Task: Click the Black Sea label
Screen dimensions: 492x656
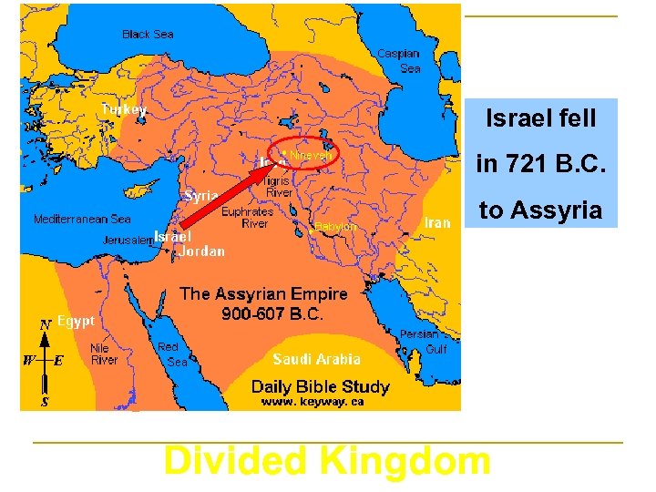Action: point(148,35)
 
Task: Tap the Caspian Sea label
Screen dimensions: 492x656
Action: point(398,61)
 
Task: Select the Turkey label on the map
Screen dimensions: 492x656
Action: point(123,109)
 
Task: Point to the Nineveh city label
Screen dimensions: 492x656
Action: point(311,156)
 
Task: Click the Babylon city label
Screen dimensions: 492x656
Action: point(335,226)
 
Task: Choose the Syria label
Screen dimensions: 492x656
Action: point(201,196)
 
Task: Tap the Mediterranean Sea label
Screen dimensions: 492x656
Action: point(82,220)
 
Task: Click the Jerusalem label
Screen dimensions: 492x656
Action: point(127,239)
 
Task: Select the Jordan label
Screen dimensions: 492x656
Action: point(202,251)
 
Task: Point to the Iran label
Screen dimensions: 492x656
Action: point(437,222)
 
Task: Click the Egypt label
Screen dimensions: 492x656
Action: point(76,321)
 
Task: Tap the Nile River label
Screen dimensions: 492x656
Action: point(104,354)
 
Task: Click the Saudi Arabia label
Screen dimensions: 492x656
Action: point(316,359)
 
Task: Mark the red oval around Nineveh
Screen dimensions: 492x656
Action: point(338,155)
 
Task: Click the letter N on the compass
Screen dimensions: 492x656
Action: point(44,324)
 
